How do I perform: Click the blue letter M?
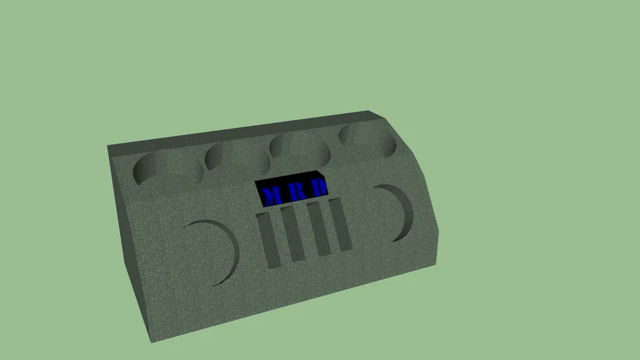coord(269,195)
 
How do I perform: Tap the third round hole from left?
coord(301,148)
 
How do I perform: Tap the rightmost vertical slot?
coord(340,224)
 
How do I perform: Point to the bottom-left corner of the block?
coord(149,342)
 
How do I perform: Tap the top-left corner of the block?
coord(108,147)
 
